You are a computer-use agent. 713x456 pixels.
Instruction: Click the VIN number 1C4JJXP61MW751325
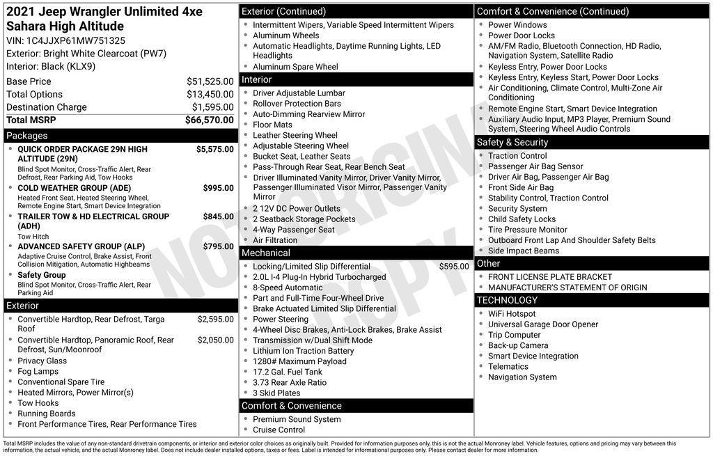coord(76,40)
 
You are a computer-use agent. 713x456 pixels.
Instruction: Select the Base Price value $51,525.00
coord(210,81)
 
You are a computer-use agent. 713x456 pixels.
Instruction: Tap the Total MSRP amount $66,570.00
coord(209,120)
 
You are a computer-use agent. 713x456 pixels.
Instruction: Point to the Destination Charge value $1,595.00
coord(212,107)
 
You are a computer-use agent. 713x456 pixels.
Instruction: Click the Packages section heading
coord(27,136)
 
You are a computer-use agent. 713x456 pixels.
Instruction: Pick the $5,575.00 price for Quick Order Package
coord(214,149)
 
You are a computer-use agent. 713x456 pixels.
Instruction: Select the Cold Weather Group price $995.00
coord(218,188)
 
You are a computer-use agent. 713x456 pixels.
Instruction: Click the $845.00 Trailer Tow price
coord(218,217)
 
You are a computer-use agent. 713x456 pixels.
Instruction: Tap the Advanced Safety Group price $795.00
coord(218,246)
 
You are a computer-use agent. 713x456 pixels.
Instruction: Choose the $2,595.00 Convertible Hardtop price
coord(215,320)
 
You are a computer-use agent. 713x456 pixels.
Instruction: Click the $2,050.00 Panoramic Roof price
coord(215,340)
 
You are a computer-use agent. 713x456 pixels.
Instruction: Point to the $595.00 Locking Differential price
coord(454,267)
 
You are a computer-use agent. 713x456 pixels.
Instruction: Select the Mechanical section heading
coord(266,253)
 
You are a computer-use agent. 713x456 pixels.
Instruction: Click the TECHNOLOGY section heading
coord(507,300)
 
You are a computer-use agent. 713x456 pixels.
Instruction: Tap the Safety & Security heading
coord(512,142)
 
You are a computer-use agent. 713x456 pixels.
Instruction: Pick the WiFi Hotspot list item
coord(512,314)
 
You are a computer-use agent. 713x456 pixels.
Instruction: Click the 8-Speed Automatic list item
coord(288,288)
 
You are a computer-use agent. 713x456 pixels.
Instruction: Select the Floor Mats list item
coord(272,125)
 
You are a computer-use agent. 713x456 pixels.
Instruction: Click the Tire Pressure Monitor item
coord(527,230)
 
